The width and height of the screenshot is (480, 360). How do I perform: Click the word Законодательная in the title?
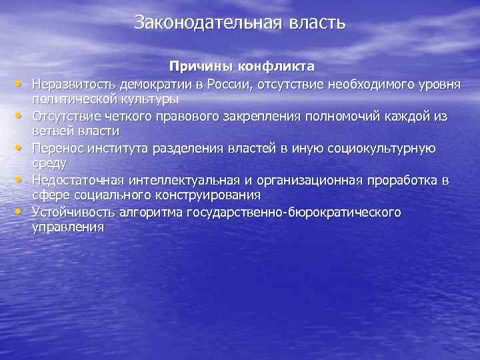209,23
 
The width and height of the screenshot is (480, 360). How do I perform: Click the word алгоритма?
149,212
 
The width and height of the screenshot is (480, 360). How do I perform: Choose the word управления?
68,227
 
